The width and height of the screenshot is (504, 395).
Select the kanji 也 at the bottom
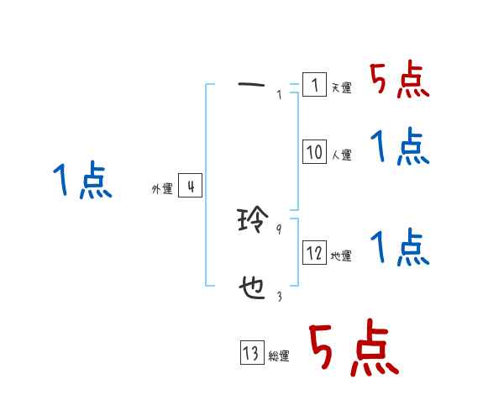pyautogui.click(x=253, y=290)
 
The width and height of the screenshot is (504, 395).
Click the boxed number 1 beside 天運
pyautogui.click(x=313, y=86)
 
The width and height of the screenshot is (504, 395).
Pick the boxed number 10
pyautogui.click(x=314, y=152)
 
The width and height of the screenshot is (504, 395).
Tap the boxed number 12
pyautogui.click(x=314, y=253)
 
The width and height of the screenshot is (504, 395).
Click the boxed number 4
pyautogui.click(x=191, y=186)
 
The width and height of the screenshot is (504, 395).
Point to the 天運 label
pyautogui.click(x=341, y=88)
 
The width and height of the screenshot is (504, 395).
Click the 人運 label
pyautogui.click(x=341, y=155)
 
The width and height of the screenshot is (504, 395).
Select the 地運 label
pyautogui.click(x=341, y=256)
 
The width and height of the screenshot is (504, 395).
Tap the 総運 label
pyautogui.click(x=279, y=356)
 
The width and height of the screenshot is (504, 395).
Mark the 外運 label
pyautogui.click(x=162, y=190)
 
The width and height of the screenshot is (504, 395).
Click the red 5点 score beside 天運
pyautogui.click(x=400, y=82)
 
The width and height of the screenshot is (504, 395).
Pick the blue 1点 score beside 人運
pyautogui.click(x=400, y=148)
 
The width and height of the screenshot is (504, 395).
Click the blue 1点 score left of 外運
pyautogui.click(x=82, y=182)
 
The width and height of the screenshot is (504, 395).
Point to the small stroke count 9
pyautogui.click(x=279, y=228)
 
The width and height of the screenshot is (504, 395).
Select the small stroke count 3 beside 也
pyautogui.click(x=279, y=296)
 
